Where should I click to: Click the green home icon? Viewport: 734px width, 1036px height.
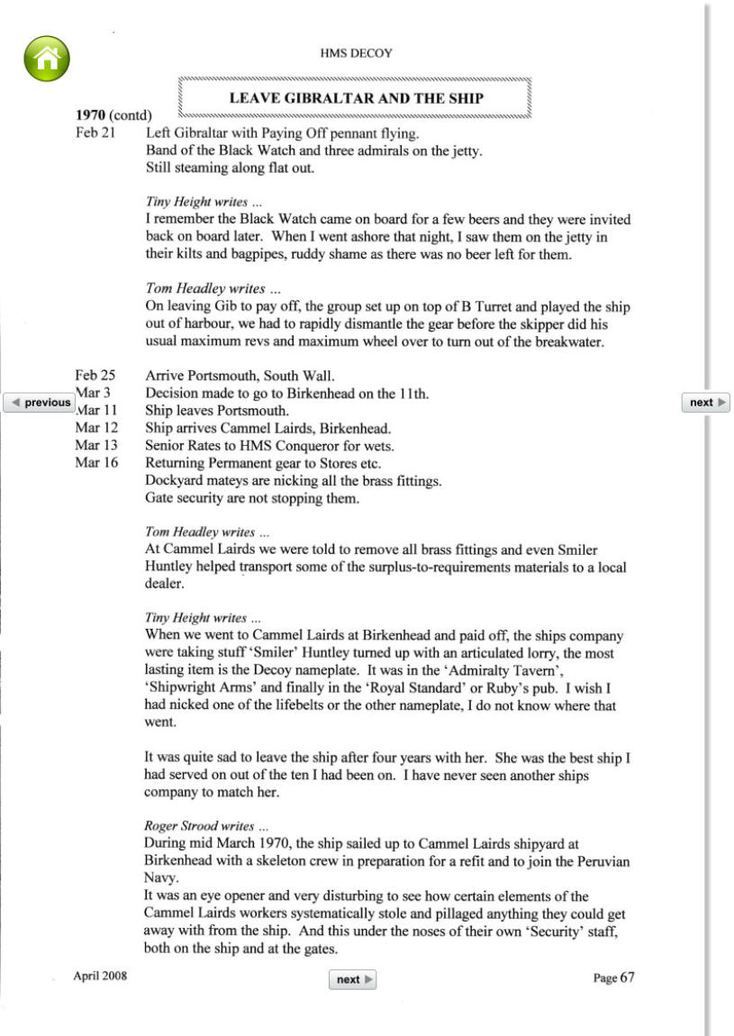click(x=46, y=59)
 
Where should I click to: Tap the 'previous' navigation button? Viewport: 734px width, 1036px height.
click(x=40, y=403)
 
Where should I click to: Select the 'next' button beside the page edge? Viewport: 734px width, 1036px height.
click(x=706, y=403)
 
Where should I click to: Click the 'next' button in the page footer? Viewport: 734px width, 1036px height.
click(x=353, y=979)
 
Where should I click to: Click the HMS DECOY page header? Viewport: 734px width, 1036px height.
click(x=356, y=53)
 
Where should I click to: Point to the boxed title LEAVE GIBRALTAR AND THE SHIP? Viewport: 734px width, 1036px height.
click(x=356, y=98)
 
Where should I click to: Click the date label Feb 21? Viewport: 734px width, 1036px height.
click(x=94, y=133)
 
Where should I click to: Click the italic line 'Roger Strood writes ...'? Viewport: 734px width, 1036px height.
click(x=206, y=825)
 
